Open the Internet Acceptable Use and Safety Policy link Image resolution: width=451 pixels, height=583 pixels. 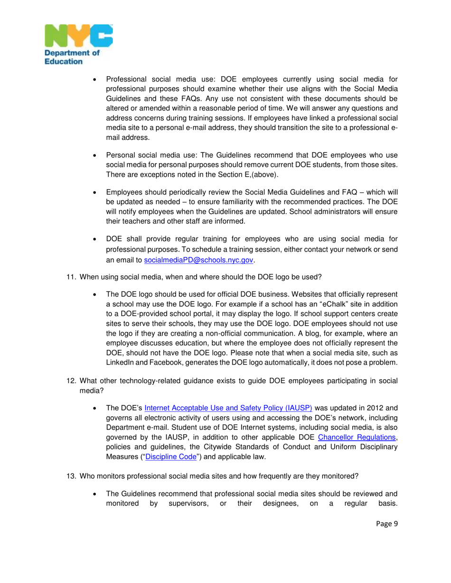pyautogui.click(x=228, y=407)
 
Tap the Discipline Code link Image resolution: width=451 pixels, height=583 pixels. pyautogui.click(x=171, y=456)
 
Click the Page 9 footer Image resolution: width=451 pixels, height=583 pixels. pyautogui.click(x=387, y=523)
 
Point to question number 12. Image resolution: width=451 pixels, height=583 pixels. pyautogui.click(x=70, y=381)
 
